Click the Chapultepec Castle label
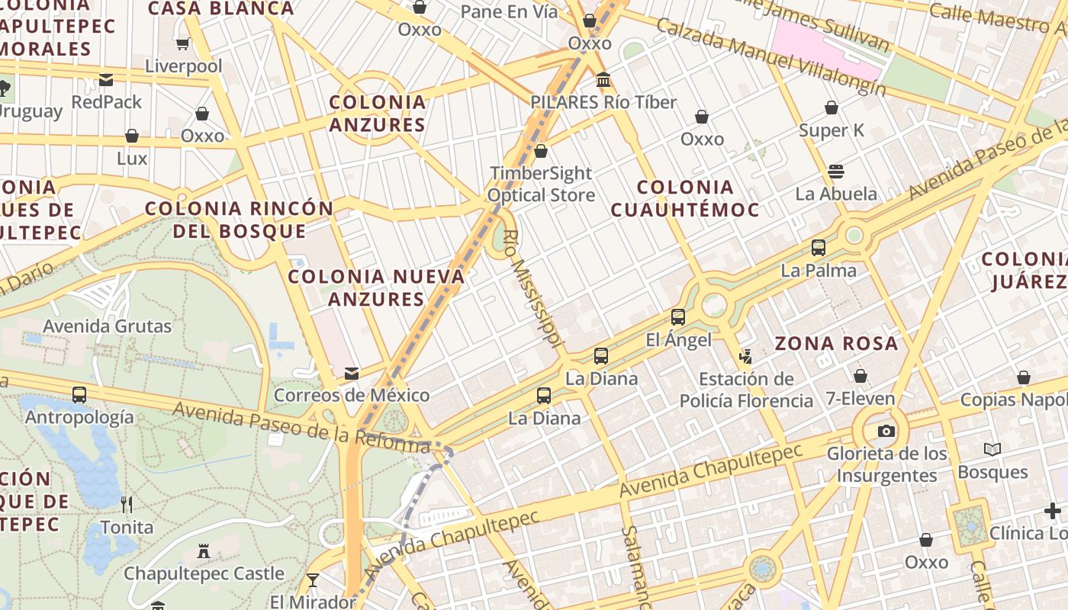point(204,573)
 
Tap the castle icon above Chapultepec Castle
point(204,551)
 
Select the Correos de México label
point(352,396)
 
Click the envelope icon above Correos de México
point(352,374)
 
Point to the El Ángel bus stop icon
point(678,317)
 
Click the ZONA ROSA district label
point(837,344)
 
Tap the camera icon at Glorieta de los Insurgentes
point(886,431)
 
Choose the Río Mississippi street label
point(532,287)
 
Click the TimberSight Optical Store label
point(541,184)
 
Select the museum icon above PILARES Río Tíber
point(603,80)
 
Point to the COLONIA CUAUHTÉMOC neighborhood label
point(685,198)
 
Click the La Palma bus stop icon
point(819,248)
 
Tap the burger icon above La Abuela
point(836,171)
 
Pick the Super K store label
point(832,130)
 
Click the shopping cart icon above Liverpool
point(183,43)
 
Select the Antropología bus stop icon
point(79,395)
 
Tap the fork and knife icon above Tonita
point(127,504)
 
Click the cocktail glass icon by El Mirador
point(313,580)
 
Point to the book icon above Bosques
point(992,450)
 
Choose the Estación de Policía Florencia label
point(746,390)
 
